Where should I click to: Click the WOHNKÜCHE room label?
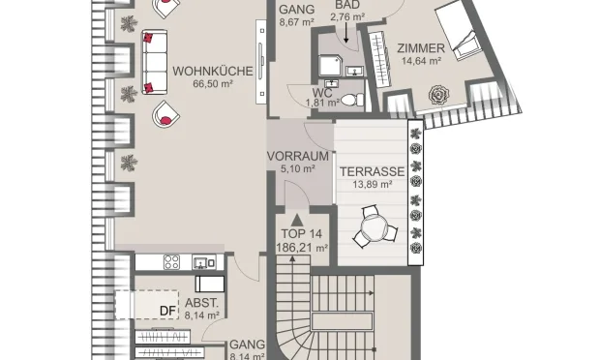pos(213,72)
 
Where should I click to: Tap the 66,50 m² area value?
pos(213,83)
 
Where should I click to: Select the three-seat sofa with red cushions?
pos(155,62)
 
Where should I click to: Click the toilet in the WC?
pos(353,101)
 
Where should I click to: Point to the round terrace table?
pos(374,228)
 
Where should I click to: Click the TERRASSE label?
pos(373,172)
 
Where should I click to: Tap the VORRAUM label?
pos(298,156)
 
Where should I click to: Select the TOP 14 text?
pos(302,234)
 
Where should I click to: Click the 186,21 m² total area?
pos(302,248)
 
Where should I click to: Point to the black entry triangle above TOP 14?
pos(297,220)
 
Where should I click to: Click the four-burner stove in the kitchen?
pos(171,262)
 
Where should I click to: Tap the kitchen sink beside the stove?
pos(203,263)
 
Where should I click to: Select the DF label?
pos(168,311)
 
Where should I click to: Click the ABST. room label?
pos(201,303)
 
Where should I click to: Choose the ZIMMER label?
pos(421,48)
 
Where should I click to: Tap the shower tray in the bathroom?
pos(330,65)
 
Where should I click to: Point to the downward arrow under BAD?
pos(346,33)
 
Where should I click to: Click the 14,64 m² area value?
pos(421,60)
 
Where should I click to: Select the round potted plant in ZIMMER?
pos(439,95)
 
